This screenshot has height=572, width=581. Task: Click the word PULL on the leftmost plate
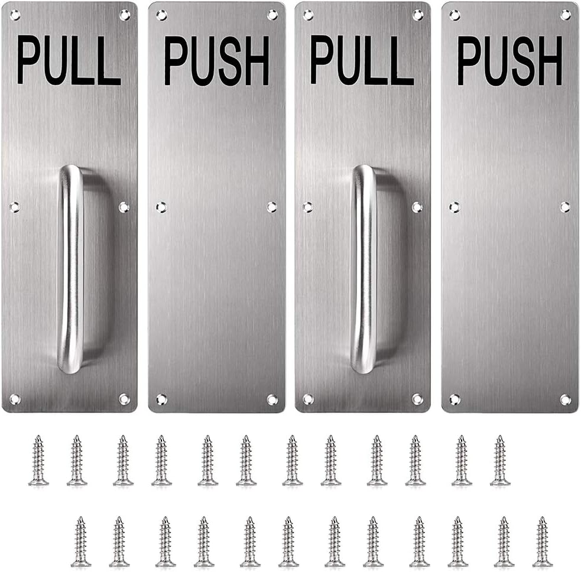pos(69,61)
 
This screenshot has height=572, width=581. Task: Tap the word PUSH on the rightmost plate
pos(509,61)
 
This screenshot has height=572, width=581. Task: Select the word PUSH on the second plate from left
pos(216,61)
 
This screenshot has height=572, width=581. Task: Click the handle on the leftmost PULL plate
pos(70,269)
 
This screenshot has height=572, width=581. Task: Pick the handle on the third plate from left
pos(363,269)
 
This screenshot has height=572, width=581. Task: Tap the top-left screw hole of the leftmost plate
pos(14,15)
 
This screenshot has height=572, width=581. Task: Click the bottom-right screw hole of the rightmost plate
pos(565,399)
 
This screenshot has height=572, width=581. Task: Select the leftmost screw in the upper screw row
pos(38,461)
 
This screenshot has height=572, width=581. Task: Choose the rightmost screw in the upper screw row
pos(500,461)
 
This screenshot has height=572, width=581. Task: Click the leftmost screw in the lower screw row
pos(81,542)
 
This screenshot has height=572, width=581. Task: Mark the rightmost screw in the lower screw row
pos(542,542)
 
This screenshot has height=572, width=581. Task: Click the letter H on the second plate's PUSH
pos(257,61)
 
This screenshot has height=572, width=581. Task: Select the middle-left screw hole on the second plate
pos(161,207)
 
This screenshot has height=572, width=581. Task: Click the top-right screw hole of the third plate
pos(417,15)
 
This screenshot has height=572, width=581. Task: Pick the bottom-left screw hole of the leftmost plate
pos(14,399)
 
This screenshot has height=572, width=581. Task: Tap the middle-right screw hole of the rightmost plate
pos(565,207)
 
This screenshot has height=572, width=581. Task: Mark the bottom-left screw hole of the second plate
pos(161,399)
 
